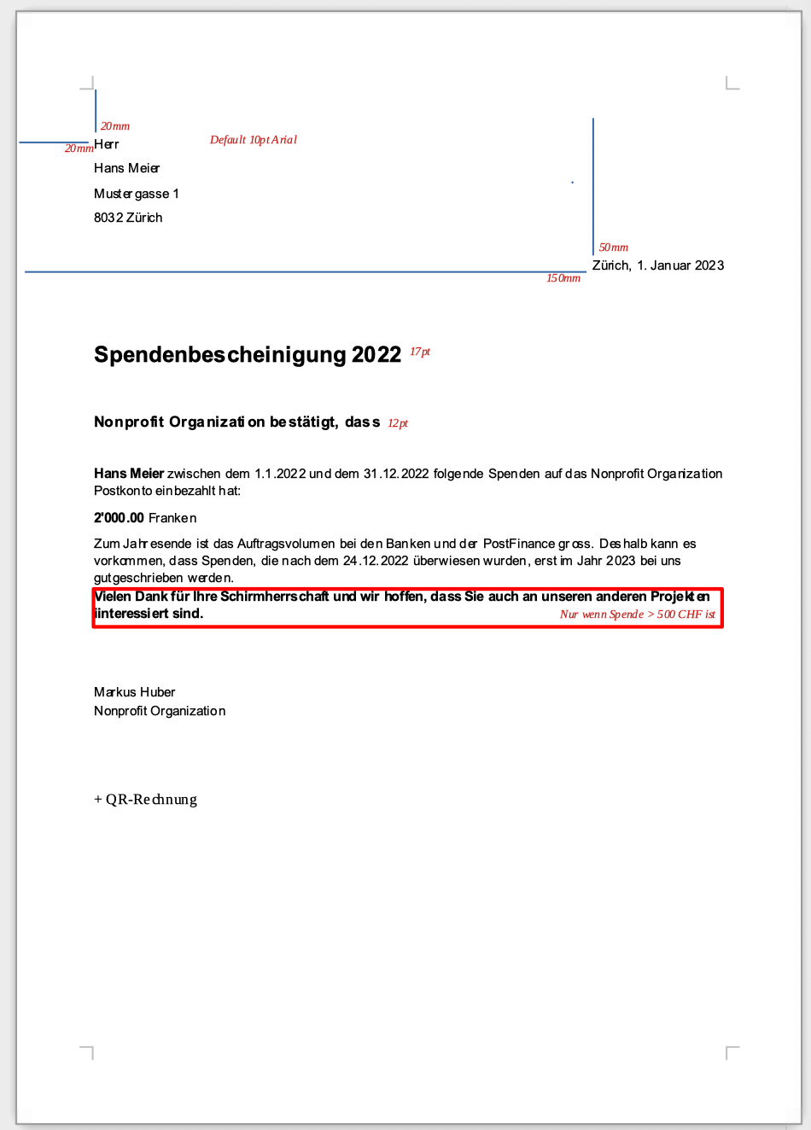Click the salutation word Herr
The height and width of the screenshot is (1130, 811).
coord(107,144)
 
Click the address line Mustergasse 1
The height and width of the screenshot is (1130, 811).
coord(137,194)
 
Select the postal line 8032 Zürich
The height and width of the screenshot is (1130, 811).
coord(128,218)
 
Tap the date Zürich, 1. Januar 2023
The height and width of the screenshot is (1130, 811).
coord(658,265)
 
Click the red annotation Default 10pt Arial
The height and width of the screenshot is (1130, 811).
coord(254,140)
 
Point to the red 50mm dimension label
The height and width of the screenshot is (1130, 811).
coord(614,248)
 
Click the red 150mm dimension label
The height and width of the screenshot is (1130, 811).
coord(563,278)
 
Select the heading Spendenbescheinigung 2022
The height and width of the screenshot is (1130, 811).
coord(248,354)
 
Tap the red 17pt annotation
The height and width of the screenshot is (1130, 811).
coord(420,352)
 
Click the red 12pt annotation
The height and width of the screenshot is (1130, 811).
coord(398,423)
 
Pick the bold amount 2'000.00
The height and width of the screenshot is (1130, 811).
coord(119,518)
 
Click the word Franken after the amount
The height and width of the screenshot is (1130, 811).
coord(172,518)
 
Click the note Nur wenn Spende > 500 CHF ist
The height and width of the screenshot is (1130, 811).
coord(638,615)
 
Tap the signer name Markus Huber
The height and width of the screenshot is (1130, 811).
coord(135,692)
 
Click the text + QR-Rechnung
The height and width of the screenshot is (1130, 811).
coord(146,800)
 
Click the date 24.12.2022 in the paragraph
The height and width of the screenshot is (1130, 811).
coord(376,561)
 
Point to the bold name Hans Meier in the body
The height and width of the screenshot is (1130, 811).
coord(129,474)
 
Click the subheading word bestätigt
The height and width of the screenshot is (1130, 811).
coord(304,422)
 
